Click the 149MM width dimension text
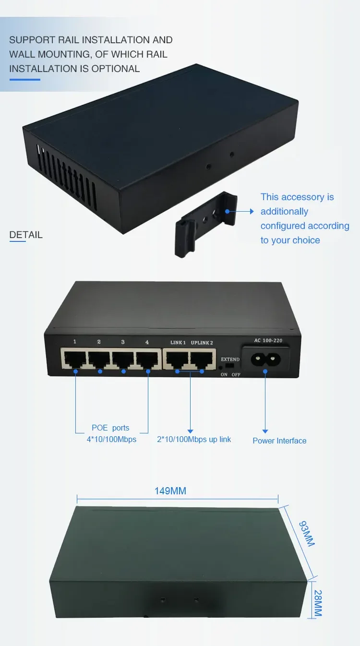point(170,491)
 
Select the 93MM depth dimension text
point(306,534)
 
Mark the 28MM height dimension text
point(318,603)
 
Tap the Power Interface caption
point(279,441)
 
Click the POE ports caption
point(110,428)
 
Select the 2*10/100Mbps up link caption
point(194,439)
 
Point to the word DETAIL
point(26,235)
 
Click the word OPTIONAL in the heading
point(115,69)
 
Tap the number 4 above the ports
point(147,342)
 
